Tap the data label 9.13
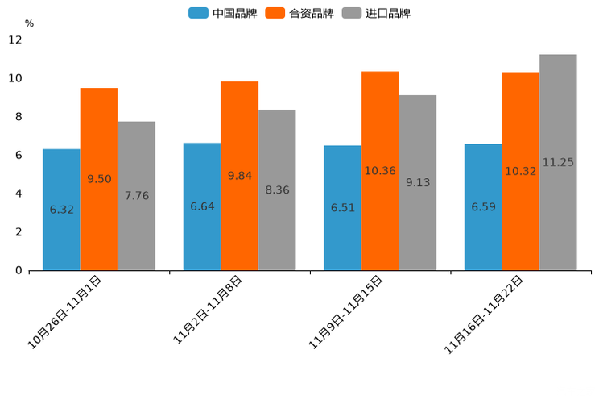coord(418,183)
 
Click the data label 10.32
coord(520,172)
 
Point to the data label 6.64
coord(202,207)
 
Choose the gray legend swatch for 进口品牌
coord(352,13)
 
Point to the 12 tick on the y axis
coord(15,40)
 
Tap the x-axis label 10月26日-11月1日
coord(65,311)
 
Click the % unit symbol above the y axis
coord(29,23)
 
